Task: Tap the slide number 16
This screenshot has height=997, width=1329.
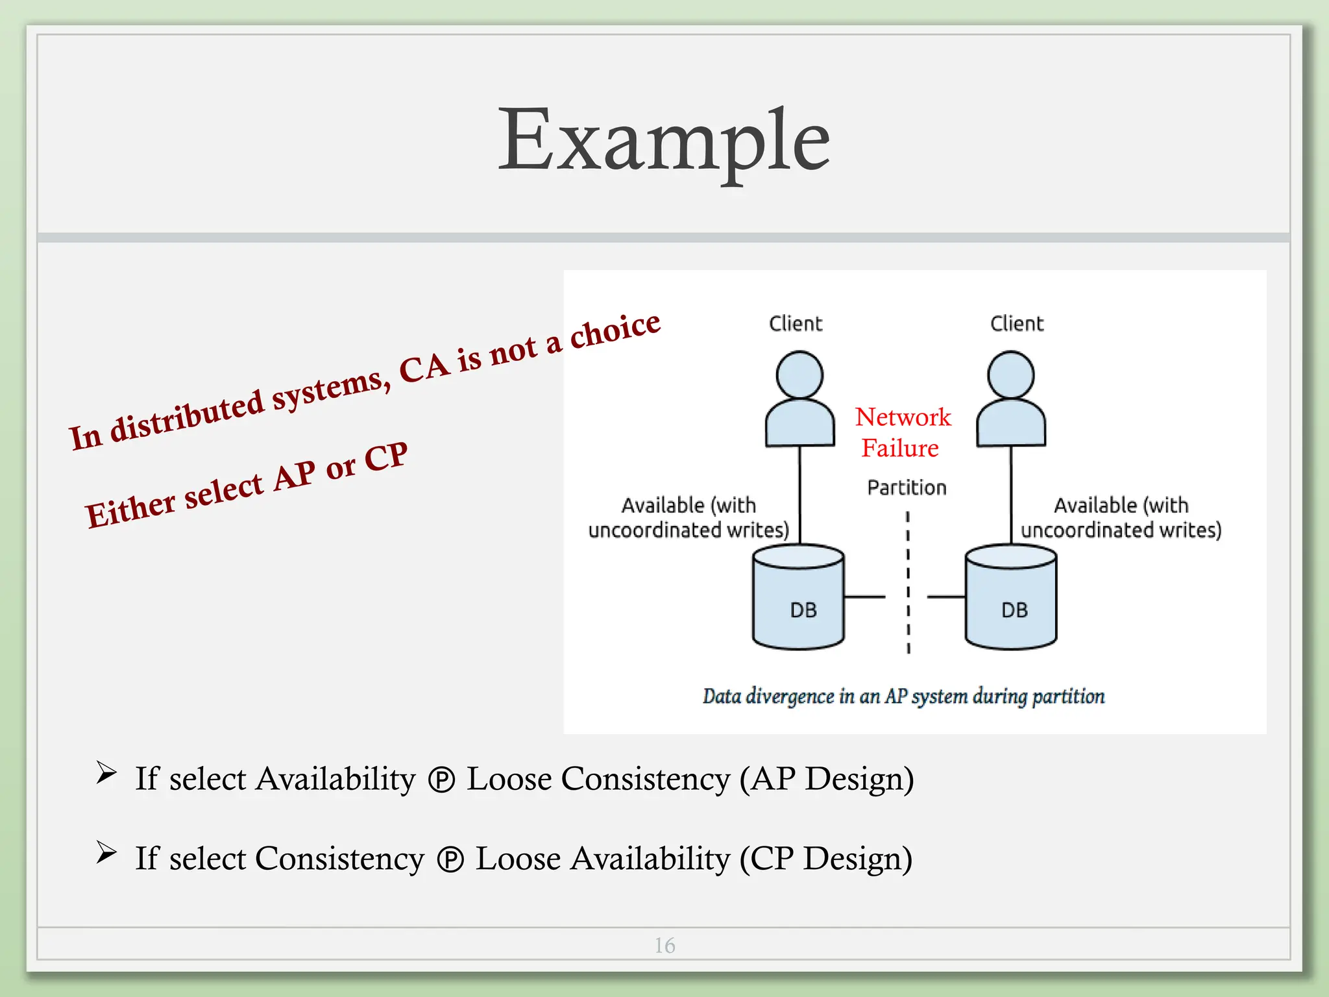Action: (664, 945)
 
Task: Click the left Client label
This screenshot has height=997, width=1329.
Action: (795, 323)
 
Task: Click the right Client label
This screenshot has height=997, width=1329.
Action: (1016, 323)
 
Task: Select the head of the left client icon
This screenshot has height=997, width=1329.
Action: (799, 375)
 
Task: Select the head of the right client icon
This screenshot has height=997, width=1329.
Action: (1010, 375)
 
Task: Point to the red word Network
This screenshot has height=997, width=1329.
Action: (903, 417)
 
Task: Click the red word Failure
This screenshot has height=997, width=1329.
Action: (900, 448)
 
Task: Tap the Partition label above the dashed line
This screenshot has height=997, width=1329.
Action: (907, 487)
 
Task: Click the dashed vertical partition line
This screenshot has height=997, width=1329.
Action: (908, 584)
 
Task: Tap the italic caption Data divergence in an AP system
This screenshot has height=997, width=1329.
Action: (903, 696)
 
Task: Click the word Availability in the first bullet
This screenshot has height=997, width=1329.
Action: (335, 778)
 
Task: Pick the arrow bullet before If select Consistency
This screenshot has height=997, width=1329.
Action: (106, 852)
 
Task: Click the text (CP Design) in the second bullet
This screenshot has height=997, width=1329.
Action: (826, 858)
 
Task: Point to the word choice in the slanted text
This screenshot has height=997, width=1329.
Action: (615, 328)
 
